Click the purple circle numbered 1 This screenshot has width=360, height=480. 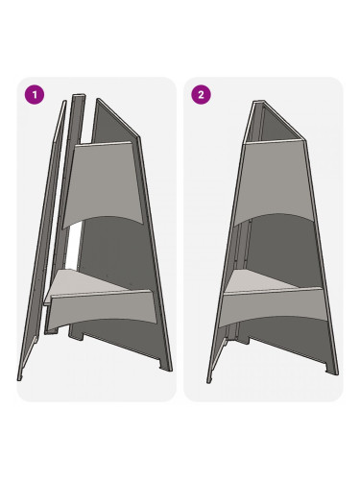(35, 95)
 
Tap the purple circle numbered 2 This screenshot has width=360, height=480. (201, 95)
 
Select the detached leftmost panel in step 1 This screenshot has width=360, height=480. (42, 240)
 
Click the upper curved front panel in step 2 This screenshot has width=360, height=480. (273, 181)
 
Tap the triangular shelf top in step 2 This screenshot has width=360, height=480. (259, 281)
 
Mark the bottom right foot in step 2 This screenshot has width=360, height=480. (331, 369)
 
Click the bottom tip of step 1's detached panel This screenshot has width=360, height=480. (19, 380)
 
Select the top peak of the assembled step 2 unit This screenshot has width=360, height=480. (259, 101)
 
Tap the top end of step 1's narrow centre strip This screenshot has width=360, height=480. (79, 95)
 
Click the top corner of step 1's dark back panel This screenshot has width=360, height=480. (98, 99)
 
